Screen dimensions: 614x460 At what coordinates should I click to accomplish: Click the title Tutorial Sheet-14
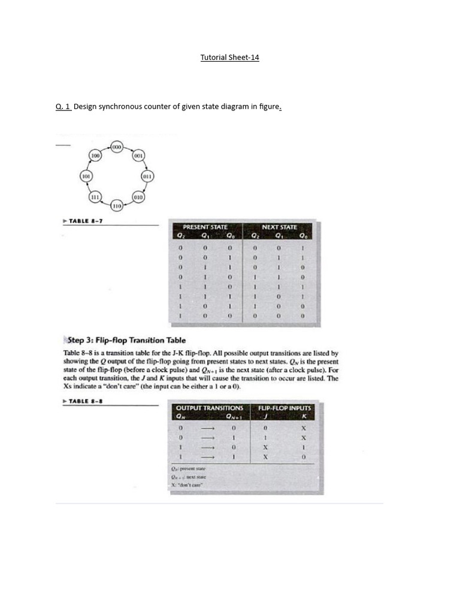(x=229, y=58)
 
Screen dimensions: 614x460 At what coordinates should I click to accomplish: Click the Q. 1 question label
(x=63, y=107)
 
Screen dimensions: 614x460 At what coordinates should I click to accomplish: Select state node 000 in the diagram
(x=117, y=147)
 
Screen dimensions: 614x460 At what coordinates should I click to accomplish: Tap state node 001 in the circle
(x=138, y=156)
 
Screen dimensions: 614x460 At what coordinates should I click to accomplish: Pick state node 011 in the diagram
(x=147, y=176)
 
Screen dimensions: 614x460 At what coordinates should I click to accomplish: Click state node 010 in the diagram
(x=138, y=197)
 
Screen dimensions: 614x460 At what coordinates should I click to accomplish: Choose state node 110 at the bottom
(x=117, y=206)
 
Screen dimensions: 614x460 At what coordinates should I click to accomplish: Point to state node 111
(x=95, y=197)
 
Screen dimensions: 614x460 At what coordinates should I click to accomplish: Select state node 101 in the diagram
(x=86, y=176)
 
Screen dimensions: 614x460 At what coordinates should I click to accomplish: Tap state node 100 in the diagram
(x=95, y=156)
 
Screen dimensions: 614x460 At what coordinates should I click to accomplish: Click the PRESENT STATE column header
(x=205, y=227)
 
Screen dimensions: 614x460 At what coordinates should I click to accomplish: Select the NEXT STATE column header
(x=279, y=227)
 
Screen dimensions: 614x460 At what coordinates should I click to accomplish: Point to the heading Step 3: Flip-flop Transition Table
(x=125, y=340)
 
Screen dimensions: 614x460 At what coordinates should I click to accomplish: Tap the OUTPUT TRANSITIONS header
(x=210, y=408)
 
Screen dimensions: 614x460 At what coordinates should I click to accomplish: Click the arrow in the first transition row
(x=207, y=428)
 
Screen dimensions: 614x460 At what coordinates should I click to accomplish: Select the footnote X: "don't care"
(x=187, y=484)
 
